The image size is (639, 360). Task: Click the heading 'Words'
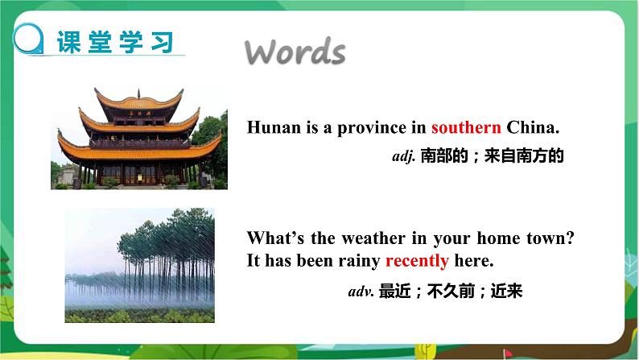295,52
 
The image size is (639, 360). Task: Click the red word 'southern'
466,127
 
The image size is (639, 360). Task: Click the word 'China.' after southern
533,127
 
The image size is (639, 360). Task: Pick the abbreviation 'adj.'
402,157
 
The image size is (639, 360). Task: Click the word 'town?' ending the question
554,239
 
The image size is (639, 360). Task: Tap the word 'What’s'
271,239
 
